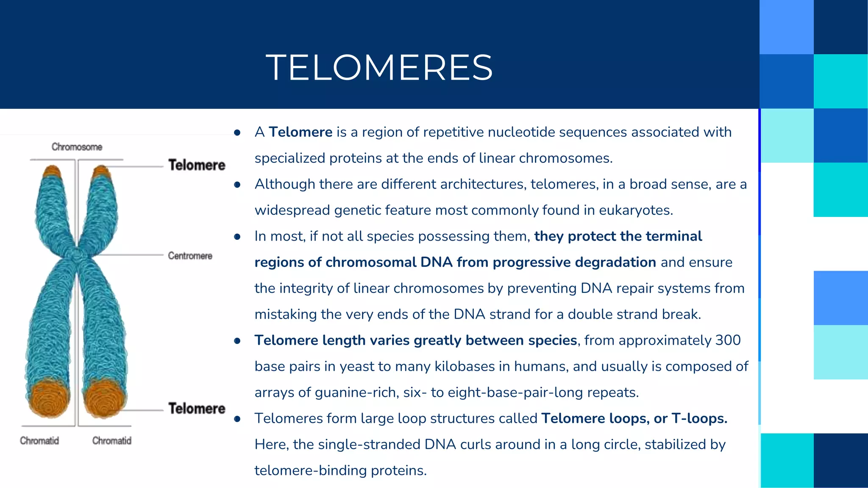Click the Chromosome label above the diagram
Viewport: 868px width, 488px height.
point(77,147)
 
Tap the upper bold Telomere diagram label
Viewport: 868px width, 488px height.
point(197,165)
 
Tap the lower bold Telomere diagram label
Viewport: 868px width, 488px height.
point(197,408)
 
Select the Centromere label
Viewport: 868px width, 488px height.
point(190,256)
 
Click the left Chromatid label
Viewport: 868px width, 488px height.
point(39,441)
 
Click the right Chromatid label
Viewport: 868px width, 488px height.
point(112,441)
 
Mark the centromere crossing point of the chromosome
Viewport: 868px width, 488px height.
point(77,254)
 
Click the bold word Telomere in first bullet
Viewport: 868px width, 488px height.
point(300,132)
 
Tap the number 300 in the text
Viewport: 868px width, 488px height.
point(728,340)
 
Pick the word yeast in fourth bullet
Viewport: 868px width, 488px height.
point(354,366)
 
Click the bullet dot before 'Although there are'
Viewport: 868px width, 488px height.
point(237,185)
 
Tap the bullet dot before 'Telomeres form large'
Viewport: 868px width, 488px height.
point(237,419)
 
